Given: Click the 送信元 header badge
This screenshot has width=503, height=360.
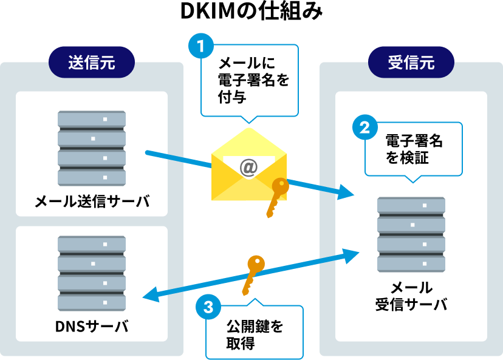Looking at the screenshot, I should pyautogui.click(x=92, y=62).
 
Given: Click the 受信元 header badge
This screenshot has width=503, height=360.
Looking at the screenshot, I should pyautogui.click(x=411, y=62).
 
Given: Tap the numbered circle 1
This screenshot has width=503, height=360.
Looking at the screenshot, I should pyautogui.click(x=201, y=47).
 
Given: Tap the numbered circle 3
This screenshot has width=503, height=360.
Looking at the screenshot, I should pyautogui.click(x=208, y=307).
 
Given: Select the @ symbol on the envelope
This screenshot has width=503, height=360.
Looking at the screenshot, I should pyautogui.click(x=248, y=168).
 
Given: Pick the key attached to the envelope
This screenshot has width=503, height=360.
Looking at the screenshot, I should pyautogui.click(x=276, y=196).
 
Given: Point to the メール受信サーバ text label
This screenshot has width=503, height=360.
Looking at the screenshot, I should pyautogui.click(x=411, y=296).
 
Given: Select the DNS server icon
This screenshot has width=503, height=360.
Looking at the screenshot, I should pyautogui.click(x=92, y=273).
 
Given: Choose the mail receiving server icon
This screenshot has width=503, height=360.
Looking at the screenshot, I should pyautogui.click(x=411, y=234).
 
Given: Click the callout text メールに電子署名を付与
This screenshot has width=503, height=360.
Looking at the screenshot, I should pyautogui.click(x=249, y=79).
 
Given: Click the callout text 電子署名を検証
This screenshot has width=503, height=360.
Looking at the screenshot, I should pyautogui.click(x=414, y=149).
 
